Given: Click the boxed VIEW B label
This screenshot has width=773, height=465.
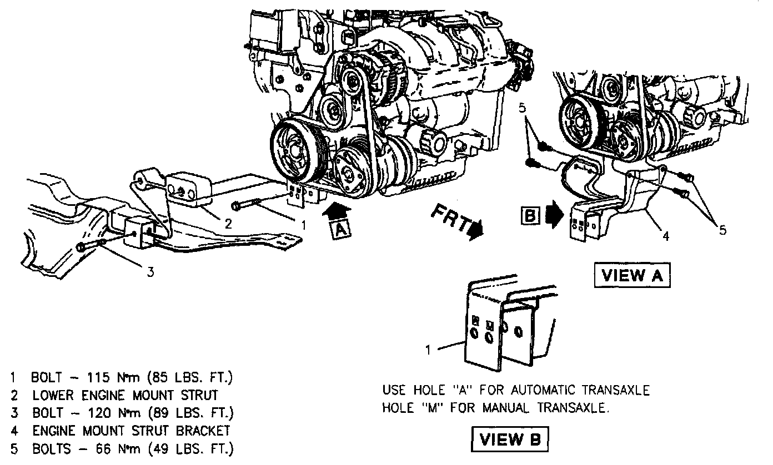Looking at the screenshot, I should click(509, 439).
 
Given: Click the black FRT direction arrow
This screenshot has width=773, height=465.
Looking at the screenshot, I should click(475, 228).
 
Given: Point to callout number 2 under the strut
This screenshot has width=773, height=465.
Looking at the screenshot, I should click(228, 224).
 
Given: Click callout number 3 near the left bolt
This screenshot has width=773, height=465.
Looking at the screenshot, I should click(150, 271).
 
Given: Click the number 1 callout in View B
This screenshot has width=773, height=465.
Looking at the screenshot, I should click(428, 350).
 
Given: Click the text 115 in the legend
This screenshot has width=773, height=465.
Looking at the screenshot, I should click(99, 378).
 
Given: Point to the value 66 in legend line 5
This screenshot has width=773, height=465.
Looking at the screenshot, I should click(103, 448).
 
